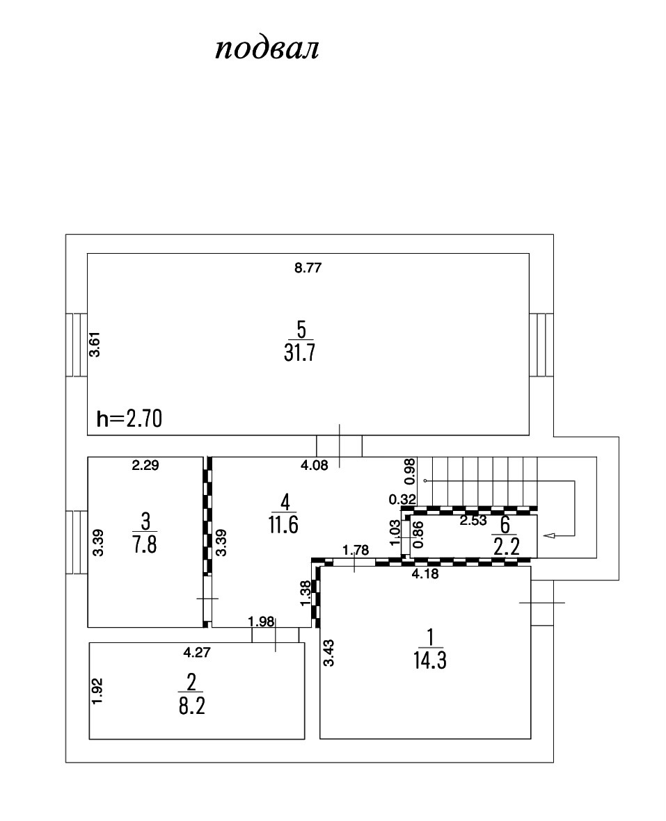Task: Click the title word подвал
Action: click(x=267, y=49)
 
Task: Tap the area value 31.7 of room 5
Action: click(x=300, y=352)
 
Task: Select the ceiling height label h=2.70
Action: click(x=129, y=418)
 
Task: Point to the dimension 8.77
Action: click(x=308, y=268)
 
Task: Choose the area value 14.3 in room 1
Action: click(x=429, y=658)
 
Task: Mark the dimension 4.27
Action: click(x=196, y=652)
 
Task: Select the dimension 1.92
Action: click(x=98, y=692)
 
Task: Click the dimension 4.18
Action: click(x=425, y=574)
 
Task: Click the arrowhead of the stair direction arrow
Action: click(x=548, y=535)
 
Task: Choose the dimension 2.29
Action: click(x=145, y=466)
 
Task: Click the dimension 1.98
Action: click(x=262, y=621)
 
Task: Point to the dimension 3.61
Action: click(x=97, y=345)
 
